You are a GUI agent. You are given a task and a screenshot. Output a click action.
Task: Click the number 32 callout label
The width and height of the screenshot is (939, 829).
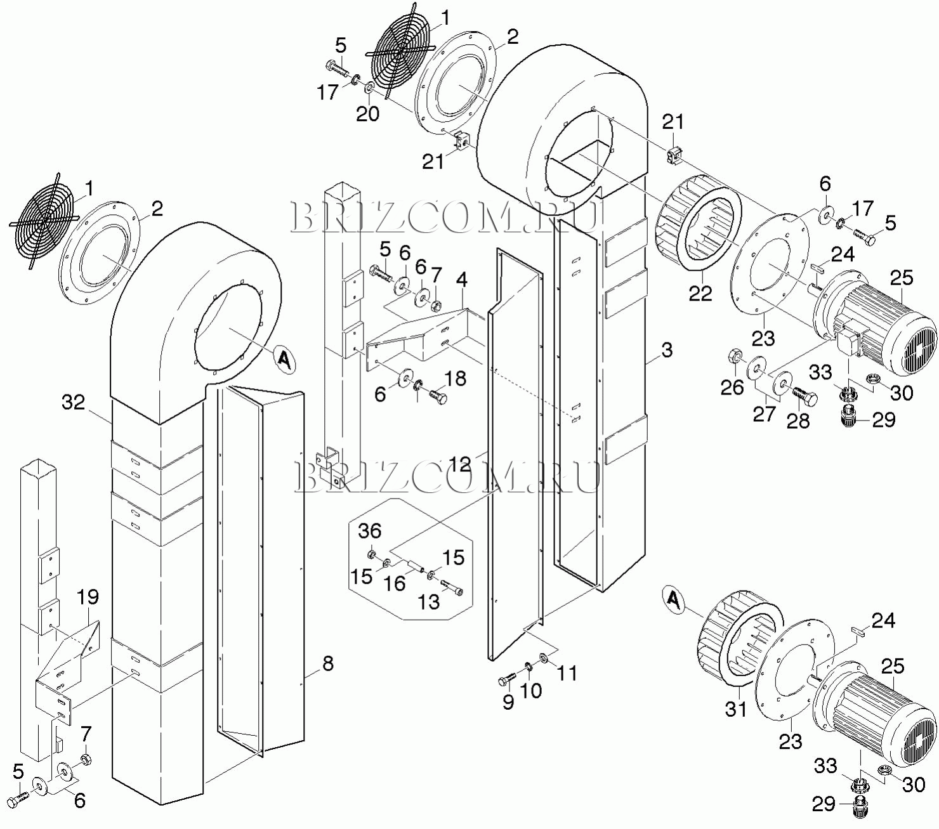click(x=74, y=402)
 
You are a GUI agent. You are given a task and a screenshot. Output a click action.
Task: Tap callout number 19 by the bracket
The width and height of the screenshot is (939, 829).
click(x=88, y=597)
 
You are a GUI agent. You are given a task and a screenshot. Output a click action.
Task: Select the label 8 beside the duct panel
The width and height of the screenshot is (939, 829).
click(x=327, y=664)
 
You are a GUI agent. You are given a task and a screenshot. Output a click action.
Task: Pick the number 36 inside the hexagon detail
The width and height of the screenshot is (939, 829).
click(x=370, y=531)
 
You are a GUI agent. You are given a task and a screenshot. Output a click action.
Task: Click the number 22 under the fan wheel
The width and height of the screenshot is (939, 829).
click(x=700, y=293)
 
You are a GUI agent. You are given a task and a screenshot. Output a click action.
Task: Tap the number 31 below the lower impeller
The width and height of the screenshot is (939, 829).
click(x=737, y=709)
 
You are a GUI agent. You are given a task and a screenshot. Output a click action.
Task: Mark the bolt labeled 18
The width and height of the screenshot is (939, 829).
click(x=437, y=398)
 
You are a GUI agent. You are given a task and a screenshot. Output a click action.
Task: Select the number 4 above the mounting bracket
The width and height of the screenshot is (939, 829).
click(x=461, y=280)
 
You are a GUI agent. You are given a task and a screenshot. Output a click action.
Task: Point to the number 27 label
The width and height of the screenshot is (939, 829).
click(x=764, y=414)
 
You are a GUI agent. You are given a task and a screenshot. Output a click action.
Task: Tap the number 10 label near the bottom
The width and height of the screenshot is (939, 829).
click(x=531, y=691)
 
